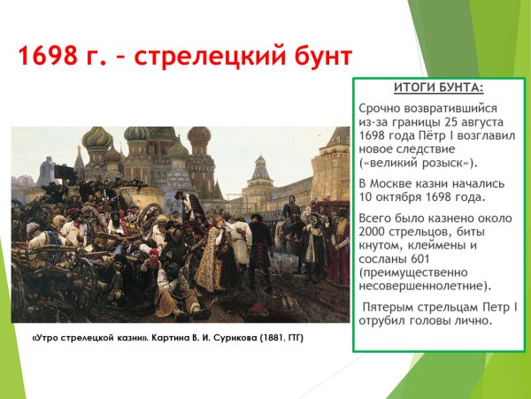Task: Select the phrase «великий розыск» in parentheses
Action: point(417,163)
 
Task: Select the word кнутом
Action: point(384,246)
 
